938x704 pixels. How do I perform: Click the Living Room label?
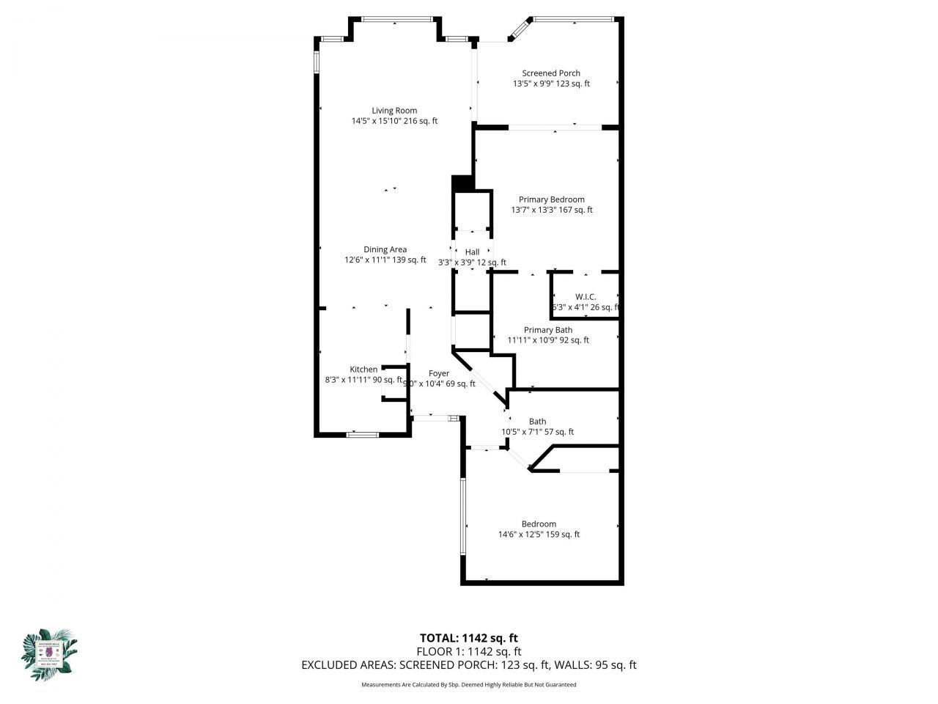394,111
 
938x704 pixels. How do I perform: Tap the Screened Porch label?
551,73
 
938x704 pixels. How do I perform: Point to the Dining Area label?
385,249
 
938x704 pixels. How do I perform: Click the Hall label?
472,252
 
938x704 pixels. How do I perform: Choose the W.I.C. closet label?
586,297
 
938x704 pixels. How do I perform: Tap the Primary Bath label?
548,330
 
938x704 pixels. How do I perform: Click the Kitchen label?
363,370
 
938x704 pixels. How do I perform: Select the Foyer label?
439,373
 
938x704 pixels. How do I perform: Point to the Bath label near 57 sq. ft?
538,422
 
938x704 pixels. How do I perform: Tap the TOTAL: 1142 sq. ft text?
469,638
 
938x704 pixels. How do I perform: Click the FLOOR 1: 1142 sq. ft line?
469,651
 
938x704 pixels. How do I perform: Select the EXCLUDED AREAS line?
469,665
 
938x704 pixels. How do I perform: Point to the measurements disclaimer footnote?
469,685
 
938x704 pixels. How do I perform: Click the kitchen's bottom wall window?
362,435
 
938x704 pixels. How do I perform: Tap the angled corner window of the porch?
520,29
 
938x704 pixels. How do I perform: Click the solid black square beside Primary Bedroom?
462,183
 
